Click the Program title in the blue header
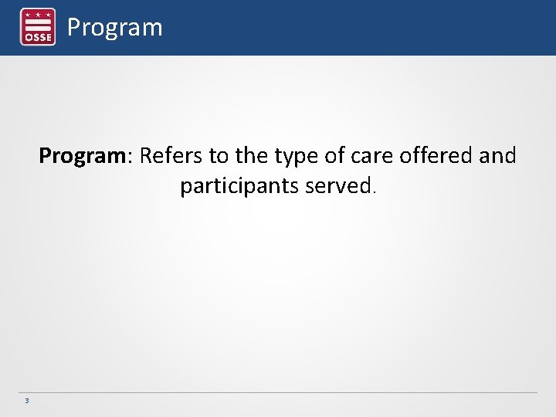click(114, 28)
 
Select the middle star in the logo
click(37, 14)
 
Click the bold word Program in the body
click(82, 157)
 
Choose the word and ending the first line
click(497, 156)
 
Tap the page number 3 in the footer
click(27, 401)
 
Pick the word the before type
click(251, 156)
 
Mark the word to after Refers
click(219, 156)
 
